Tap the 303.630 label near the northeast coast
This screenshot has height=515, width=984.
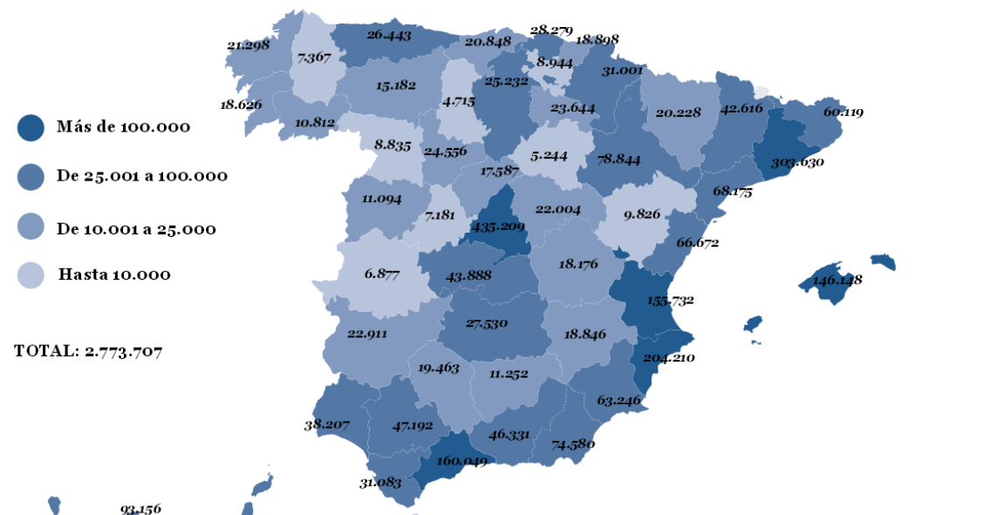796,162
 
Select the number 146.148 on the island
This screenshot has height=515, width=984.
837,281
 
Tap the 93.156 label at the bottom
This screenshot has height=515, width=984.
140,509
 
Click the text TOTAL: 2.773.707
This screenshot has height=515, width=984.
88,351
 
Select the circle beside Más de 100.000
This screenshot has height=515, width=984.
31,127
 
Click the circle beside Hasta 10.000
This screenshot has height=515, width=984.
31,275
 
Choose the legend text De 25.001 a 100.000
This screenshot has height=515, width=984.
142,176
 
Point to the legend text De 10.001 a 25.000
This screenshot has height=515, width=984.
136,229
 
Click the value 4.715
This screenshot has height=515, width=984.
458,102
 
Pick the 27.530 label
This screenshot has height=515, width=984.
486,323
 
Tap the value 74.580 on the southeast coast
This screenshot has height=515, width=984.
572,444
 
